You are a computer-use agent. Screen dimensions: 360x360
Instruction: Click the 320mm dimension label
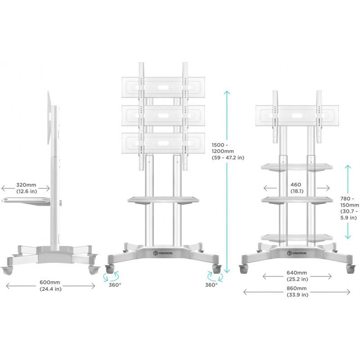(x=27, y=188)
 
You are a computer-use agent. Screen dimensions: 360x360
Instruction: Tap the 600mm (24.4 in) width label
(x=50, y=286)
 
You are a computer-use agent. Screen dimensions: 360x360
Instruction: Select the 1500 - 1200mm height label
(x=228, y=151)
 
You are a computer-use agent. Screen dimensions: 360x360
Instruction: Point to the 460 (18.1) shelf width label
(x=297, y=188)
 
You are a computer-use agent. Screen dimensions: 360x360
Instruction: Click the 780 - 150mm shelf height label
(x=350, y=208)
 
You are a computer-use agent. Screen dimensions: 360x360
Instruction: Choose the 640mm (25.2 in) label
(x=297, y=276)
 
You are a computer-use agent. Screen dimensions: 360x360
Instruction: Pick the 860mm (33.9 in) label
(x=297, y=292)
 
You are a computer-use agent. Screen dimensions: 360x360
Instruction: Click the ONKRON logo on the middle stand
(x=162, y=253)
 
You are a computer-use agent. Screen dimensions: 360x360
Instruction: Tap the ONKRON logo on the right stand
(x=297, y=253)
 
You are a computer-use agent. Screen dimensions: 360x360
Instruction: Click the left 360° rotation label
(x=115, y=285)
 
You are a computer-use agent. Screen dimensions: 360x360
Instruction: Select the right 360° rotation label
(x=211, y=285)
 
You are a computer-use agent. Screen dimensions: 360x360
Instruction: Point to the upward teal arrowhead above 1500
(x=227, y=93)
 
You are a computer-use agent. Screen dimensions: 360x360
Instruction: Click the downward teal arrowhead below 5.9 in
(x=348, y=236)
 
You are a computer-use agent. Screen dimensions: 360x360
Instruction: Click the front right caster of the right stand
(x=350, y=269)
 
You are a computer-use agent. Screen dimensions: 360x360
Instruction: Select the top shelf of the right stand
(x=297, y=167)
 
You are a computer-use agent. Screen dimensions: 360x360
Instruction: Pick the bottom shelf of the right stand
(x=297, y=238)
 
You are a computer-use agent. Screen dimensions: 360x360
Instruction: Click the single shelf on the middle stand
(x=163, y=200)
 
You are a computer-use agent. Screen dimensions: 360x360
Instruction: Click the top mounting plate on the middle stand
(x=163, y=88)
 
